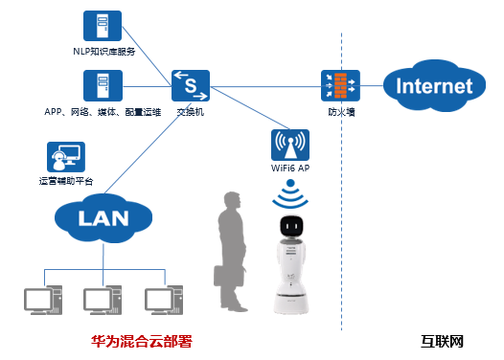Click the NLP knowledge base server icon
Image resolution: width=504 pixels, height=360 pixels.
[103, 26]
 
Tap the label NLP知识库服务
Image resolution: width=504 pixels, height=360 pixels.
[104, 52]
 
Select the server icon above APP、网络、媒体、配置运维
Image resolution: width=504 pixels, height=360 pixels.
[103, 86]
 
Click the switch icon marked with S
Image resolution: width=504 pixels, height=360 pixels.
[191, 86]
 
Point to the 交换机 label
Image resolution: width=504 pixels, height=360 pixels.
[191, 112]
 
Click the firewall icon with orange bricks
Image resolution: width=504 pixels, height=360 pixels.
[340, 86]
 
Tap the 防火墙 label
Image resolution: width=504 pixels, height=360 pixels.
[341, 112]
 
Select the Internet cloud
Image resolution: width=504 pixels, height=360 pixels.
[434, 86]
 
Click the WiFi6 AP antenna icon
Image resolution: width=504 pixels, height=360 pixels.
[290, 145]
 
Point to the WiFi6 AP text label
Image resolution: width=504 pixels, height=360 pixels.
[290, 168]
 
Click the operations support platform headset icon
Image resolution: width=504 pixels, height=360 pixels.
[66, 157]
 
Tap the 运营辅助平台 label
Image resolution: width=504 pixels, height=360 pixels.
[66, 181]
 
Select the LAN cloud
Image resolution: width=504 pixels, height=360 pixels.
[103, 218]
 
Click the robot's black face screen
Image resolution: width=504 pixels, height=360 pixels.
[291, 226]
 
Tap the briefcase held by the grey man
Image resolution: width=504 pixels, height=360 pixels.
[229, 276]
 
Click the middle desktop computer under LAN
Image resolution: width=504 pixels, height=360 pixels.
[103, 300]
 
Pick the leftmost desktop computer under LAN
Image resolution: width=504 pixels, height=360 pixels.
[43, 300]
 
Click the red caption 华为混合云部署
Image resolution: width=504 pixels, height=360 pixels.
[142, 342]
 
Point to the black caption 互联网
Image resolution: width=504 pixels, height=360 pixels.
[442, 342]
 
